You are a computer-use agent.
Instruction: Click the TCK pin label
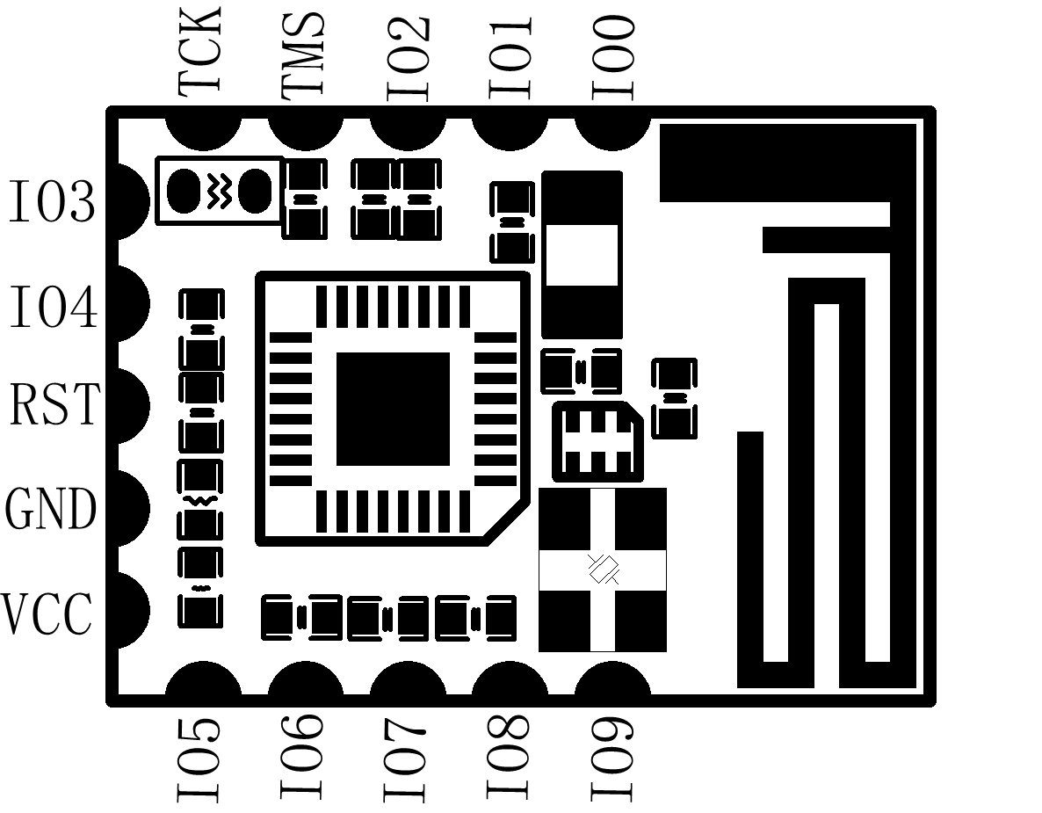click(199, 50)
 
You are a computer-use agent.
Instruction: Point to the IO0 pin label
click(612, 59)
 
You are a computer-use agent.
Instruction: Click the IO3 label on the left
click(52, 200)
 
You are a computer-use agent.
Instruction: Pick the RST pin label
click(54, 404)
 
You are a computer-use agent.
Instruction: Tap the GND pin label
click(50, 508)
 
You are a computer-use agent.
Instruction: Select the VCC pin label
click(47, 613)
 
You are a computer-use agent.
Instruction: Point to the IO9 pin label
click(612, 759)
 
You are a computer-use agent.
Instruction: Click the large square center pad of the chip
click(393, 409)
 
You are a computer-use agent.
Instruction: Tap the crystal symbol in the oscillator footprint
click(604, 569)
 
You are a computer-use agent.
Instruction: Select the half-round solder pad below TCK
click(203, 134)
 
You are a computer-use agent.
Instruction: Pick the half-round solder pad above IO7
click(408, 678)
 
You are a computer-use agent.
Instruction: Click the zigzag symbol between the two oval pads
click(219, 191)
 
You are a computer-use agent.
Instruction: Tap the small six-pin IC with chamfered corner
click(598, 441)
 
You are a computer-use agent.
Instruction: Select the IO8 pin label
click(509, 757)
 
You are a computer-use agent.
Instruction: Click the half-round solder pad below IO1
click(510, 134)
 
